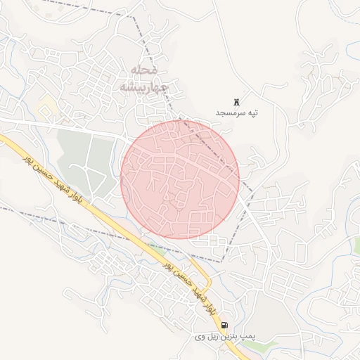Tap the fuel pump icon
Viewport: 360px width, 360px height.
[x=224, y=326]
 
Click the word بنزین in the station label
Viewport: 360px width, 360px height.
[x=229, y=337]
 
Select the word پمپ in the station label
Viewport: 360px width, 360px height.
[x=247, y=338]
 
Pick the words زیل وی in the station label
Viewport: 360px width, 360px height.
[x=207, y=337]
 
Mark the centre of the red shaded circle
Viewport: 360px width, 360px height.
[x=180, y=179]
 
